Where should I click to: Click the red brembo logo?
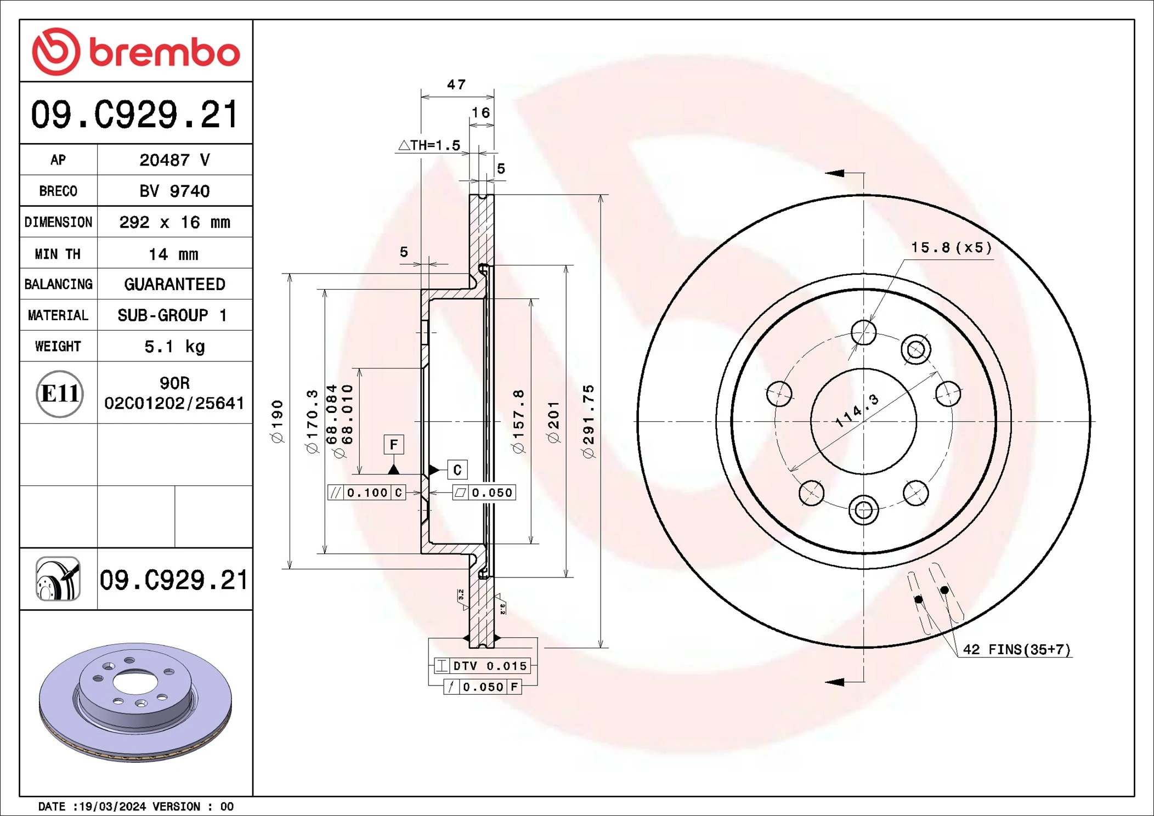coord(135,52)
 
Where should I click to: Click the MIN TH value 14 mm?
coord(174,254)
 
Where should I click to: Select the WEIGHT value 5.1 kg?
coord(174,347)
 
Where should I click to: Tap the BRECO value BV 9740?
coord(174,191)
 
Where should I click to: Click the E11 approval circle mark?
coord(59,393)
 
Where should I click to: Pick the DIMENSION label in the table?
coord(58,222)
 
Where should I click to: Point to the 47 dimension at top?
coord(456,84)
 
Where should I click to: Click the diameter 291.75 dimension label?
coord(589,421)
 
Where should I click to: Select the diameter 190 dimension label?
coord(278,421)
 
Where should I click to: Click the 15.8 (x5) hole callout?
coord(951,247)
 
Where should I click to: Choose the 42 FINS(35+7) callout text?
coord(1016,649)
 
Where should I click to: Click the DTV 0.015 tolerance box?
coord(482,666)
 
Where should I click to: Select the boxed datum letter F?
coord(393,444)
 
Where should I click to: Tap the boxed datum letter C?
coord(457,470)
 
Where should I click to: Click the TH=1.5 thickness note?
coord(429,145)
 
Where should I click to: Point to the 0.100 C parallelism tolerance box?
coord(366,492)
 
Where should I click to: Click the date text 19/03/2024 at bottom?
coord(112,806)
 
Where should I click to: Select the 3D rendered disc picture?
coord(135,702)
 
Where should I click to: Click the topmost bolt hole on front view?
coord(863,332)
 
